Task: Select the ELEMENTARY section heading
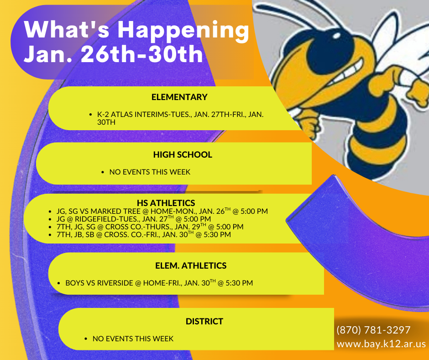[x=179, y=97]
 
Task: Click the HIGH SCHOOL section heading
[x=183, y=154]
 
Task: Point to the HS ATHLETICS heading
[x=166, y=203]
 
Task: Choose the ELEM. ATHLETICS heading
[x=191, y=265]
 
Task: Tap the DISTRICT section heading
[x=204, y=322]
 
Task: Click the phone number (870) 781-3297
[x=373, y=330]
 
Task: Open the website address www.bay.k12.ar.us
[x=381, y=344]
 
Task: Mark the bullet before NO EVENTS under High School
[x=104, y=173]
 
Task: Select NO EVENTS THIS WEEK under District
[x=133, y=339]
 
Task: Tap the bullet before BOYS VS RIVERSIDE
[x=60, y=283]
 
